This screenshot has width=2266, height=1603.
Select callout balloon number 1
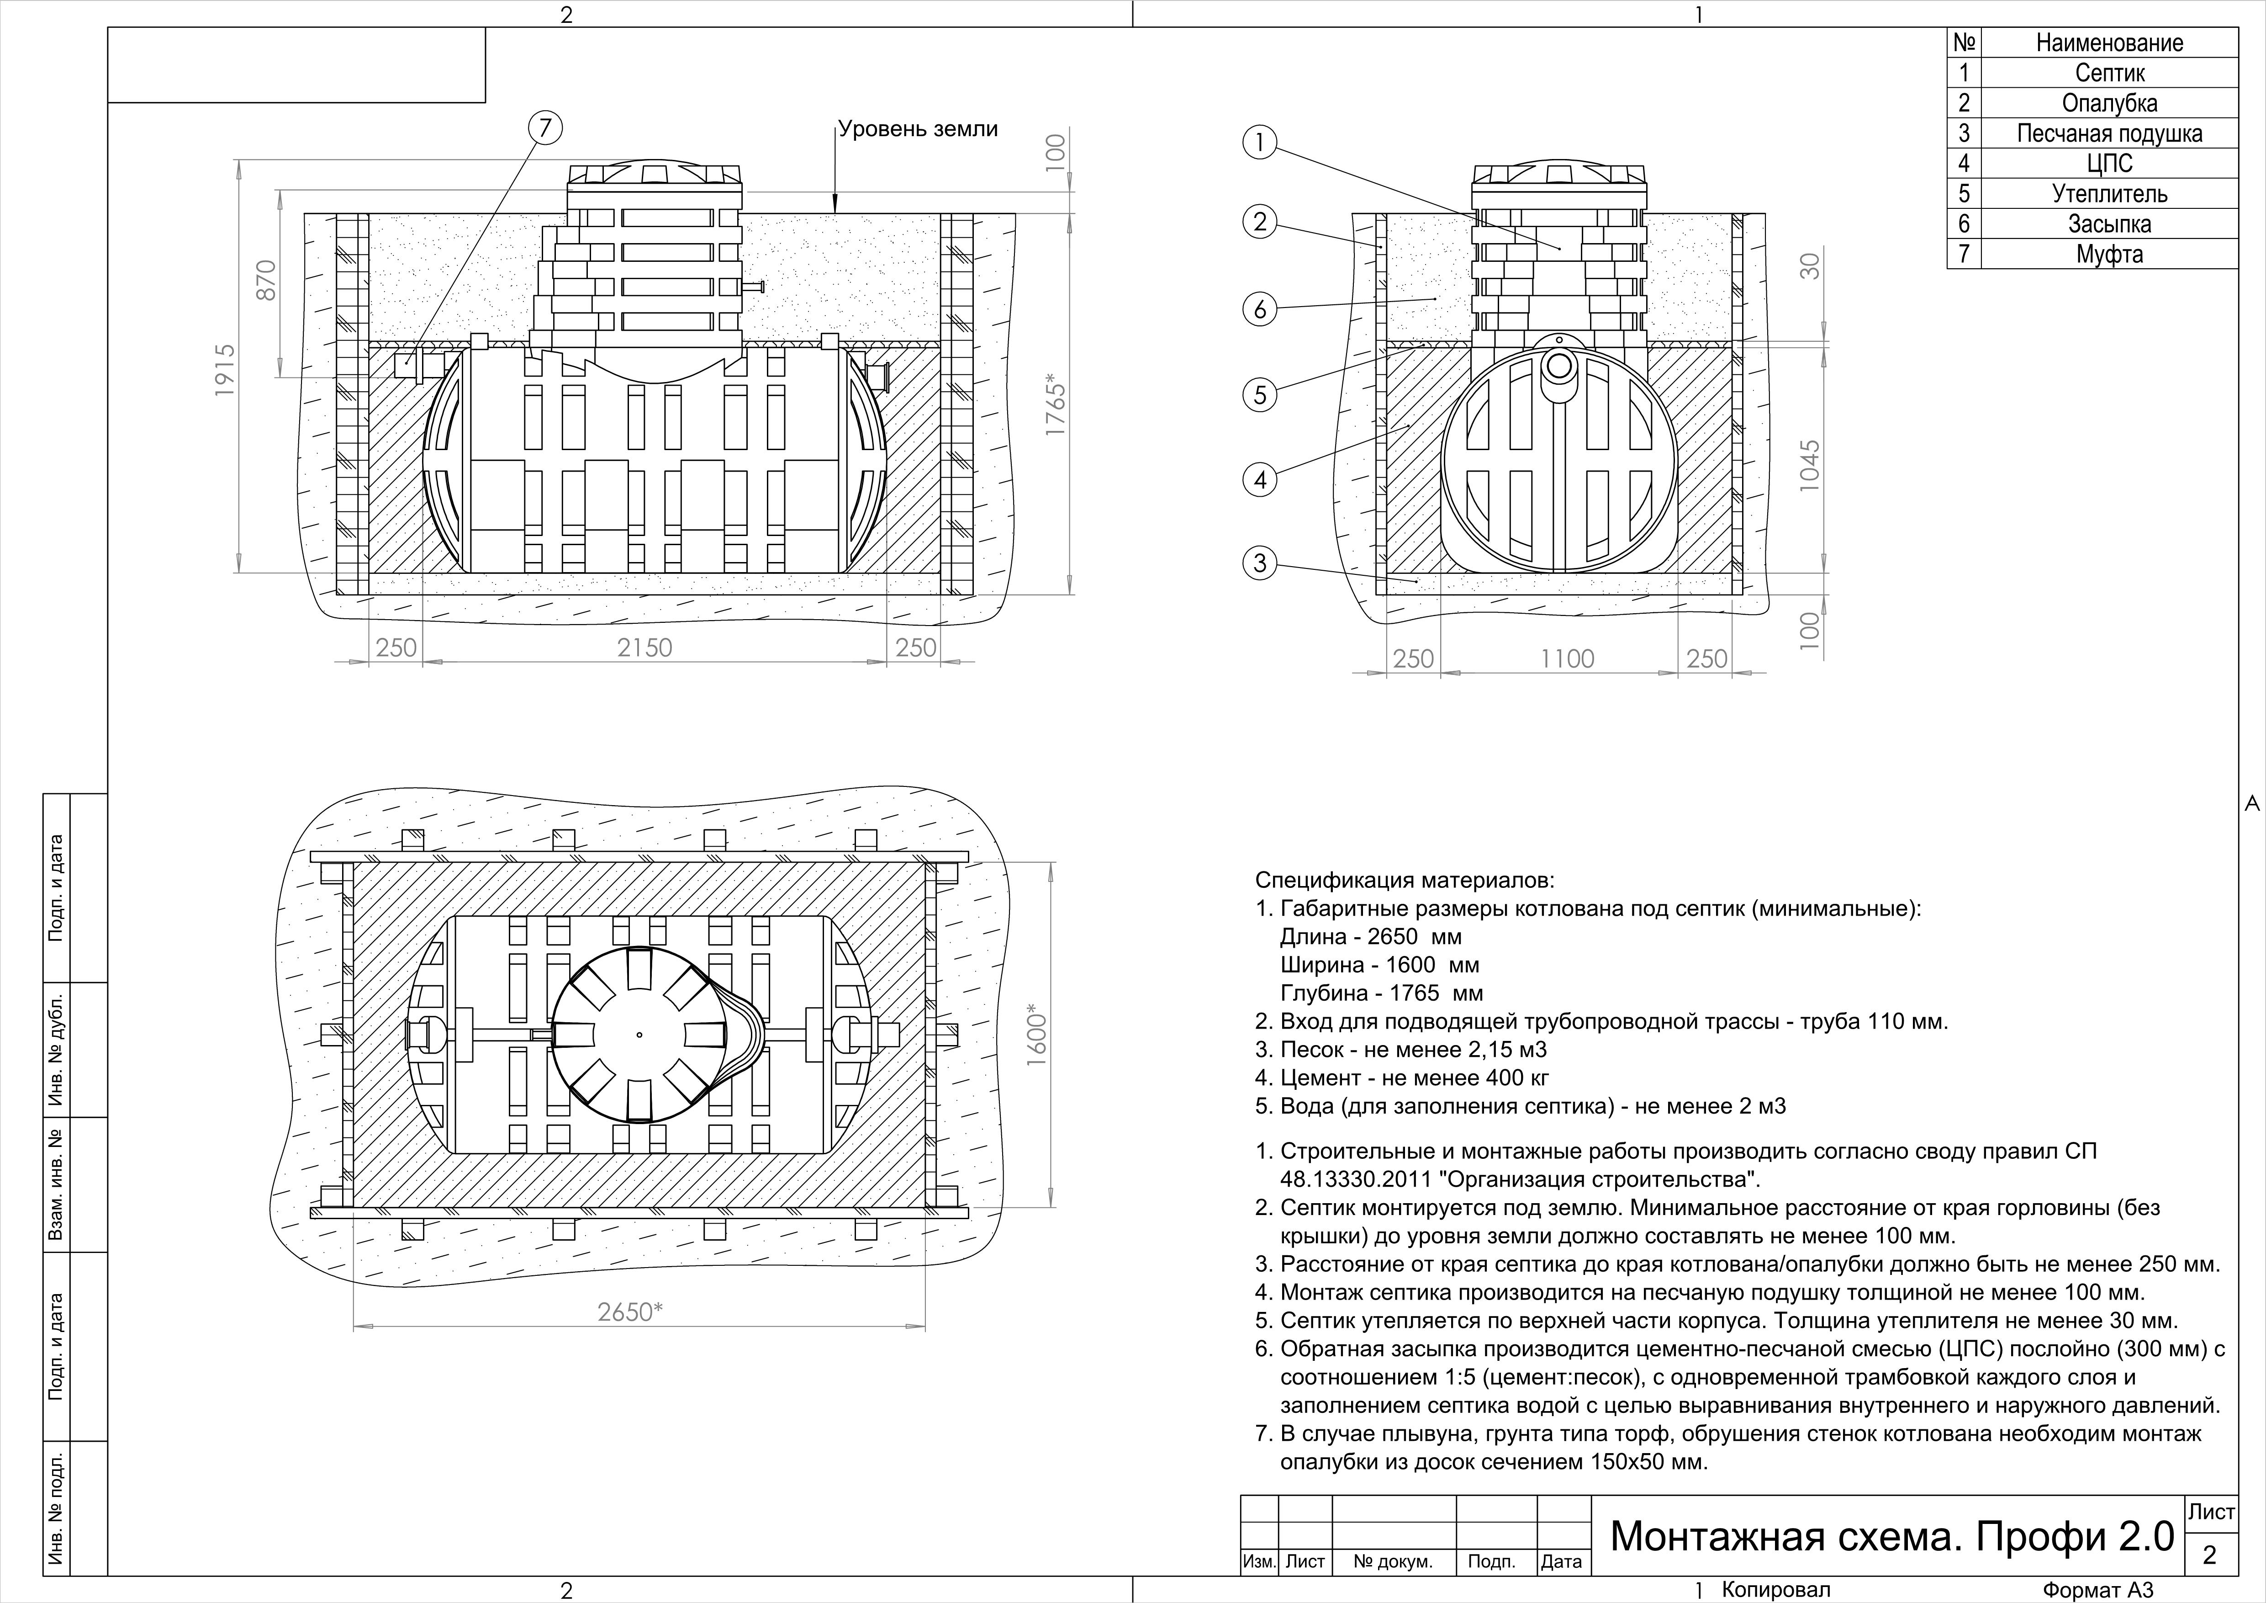pos(1259,143)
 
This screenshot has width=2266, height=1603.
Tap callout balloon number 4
pos(1259,481)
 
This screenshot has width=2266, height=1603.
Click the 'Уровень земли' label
pos(918,129)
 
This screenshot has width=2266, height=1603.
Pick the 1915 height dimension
pos(226,370)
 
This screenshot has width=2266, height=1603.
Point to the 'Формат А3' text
pos(2097,1590)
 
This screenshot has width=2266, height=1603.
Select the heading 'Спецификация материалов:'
pos(1405,880)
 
